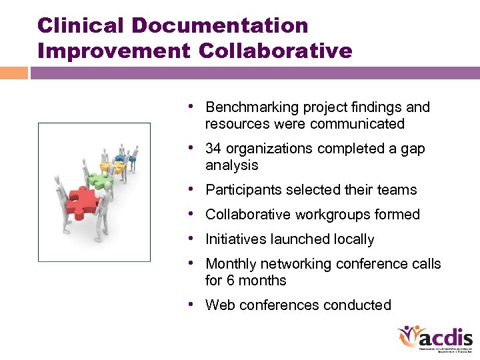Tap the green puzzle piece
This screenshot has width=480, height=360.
[101, 180]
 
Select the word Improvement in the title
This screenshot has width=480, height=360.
[115, 51]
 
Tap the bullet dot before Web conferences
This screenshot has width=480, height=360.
[191, 305]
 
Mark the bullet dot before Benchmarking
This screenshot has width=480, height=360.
[191, 107]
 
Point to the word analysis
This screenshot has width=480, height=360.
[232, 165]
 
